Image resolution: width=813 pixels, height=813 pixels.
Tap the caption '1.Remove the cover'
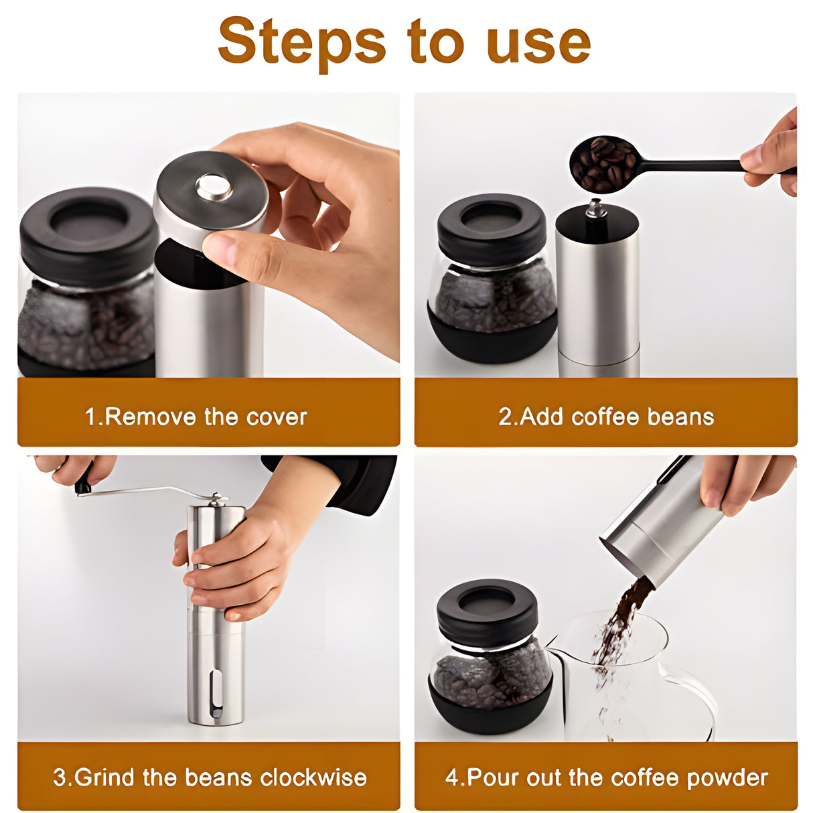pos(196,417)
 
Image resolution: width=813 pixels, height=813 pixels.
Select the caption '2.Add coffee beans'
pos(606,417)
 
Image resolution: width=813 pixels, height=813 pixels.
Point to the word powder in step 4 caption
pos(727,778)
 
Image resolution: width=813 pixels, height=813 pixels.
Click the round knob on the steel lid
pos(214,186)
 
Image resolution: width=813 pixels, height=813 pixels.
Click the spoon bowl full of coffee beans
pos(603,163)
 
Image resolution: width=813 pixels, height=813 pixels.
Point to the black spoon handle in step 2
pos(696,164)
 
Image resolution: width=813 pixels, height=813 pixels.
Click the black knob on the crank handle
pos(83,484)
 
